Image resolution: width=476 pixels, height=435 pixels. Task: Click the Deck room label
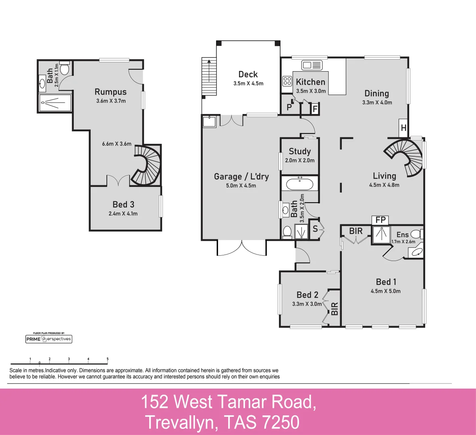pyautogui.click(x=248, y=75)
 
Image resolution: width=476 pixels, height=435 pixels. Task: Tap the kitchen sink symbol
pyautogui.click(x=312, y=65)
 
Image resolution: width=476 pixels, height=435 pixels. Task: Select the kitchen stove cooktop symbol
pyautogui.click(x=287, y=81)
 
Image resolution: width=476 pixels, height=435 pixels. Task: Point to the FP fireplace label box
pyautogui.click(x=380, y=220)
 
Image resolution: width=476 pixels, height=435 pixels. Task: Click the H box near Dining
pyautogui.click(x=403, y=128)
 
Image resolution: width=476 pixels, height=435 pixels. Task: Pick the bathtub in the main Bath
pyautogui.click(x=299, y=184)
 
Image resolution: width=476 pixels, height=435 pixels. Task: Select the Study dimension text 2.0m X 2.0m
pyautogui.click(x=300, y=160)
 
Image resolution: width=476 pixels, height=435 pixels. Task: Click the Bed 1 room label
pyautogui.click(x=386, y=282)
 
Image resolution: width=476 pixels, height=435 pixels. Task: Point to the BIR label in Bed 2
pyautogui.click(x=335, y=309)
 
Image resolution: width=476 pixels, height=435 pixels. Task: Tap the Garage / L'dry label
pyautogui.click(x=241, y=176)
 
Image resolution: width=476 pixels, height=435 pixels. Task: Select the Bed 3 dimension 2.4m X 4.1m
pyautogui.click(x=123, y=214)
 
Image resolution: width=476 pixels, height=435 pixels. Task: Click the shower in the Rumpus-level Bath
pyautogui.click(x=55, y=103)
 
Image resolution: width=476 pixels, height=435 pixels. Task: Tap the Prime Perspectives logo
pyautogui.click(x=48, y=339)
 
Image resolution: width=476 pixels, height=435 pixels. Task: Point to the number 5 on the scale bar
pyautogui.click(x=108, y=358)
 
